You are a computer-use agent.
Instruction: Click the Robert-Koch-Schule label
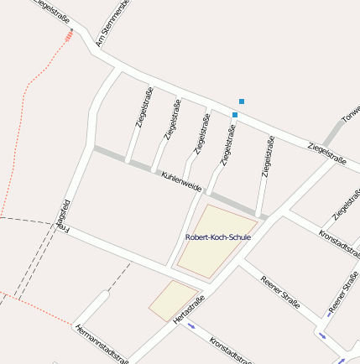click(x=217, y=237)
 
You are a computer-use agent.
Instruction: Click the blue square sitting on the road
click(x=235, y=114)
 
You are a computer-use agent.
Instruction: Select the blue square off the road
click(x=242, y=101)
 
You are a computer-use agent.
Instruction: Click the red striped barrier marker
click(x=69, y=36)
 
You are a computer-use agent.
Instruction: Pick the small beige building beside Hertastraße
click(x=172, y=300)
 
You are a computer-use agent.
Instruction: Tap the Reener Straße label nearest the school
click(x=280, y=292)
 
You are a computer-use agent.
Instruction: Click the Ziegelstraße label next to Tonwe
click(x=327, y=151)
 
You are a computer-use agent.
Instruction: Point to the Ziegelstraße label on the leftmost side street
click(x=143, y=107)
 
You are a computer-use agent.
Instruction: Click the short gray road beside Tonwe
click(x=333, y=132)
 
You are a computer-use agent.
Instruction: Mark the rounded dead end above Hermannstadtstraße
click(x=104, y=295)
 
